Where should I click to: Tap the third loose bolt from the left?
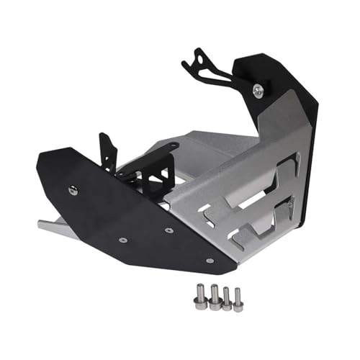[x=227, y=300]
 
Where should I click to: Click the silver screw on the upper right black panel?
[x=258, y=90]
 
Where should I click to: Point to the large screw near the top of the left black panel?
[x=73, y=190]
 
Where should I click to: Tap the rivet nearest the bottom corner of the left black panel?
[x=210, y=260]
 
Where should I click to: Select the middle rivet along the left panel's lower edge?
[x=168, y=230]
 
